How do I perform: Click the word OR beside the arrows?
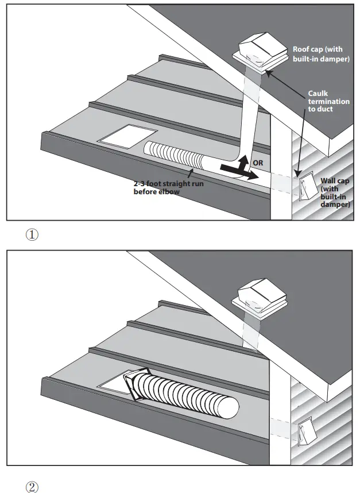(x=258, y=163)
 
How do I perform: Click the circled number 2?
(x=32, y=486)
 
